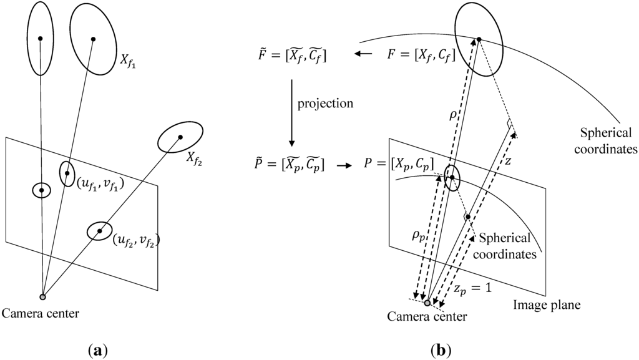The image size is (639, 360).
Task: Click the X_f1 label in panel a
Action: [129, 59]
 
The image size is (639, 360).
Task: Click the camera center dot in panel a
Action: [42, 296]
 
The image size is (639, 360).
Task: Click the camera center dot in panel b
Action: [427, 303]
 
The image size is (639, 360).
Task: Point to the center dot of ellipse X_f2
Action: [180, 137]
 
